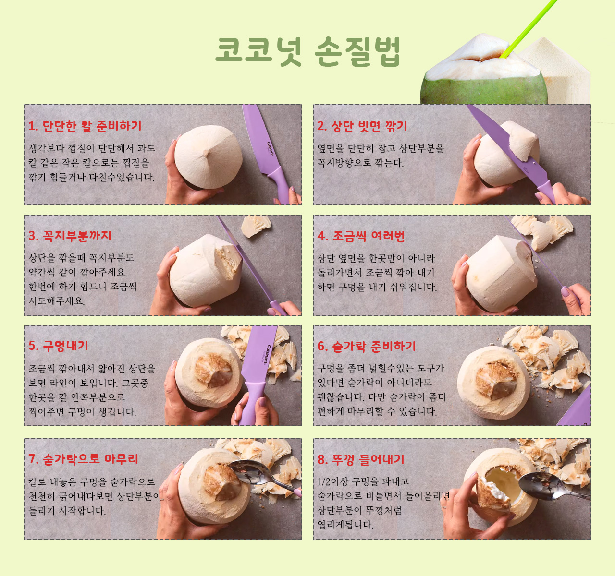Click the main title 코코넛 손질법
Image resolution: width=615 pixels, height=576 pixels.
coord(308,52)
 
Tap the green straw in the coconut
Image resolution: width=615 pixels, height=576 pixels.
coord(529,29)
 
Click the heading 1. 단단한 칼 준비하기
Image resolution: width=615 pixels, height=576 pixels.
coord(85,126)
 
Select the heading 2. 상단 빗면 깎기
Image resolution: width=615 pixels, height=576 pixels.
coord(362,126)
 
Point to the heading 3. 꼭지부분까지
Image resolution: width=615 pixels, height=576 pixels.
coord(70,236)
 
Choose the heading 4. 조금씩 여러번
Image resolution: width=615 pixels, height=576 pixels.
coord(361,236)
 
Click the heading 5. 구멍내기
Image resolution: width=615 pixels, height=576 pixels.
coord(58,346)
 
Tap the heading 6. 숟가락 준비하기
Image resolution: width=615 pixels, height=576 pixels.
coord(366,346)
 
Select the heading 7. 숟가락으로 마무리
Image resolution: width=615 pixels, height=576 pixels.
coord(83,459)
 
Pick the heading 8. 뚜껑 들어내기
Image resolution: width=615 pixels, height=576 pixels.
coord(361,459)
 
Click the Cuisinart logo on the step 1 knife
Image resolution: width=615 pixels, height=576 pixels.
coord(271,149)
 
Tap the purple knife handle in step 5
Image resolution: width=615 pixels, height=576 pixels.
coord(251,402)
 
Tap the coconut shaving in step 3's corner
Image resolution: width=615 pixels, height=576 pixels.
coord(256,226)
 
